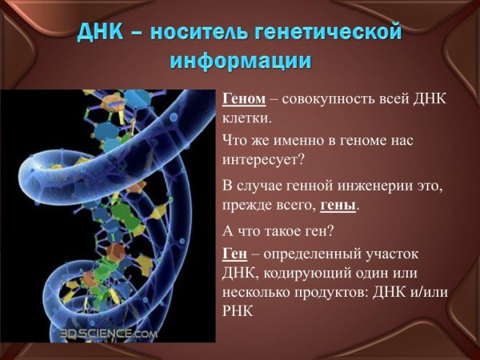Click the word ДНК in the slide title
click(102, 34)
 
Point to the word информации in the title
click(239, 61)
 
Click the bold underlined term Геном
click(244, 98)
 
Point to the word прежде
click(246, 205)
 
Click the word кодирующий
click(300, 273)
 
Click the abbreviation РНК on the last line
click(238, 311)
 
